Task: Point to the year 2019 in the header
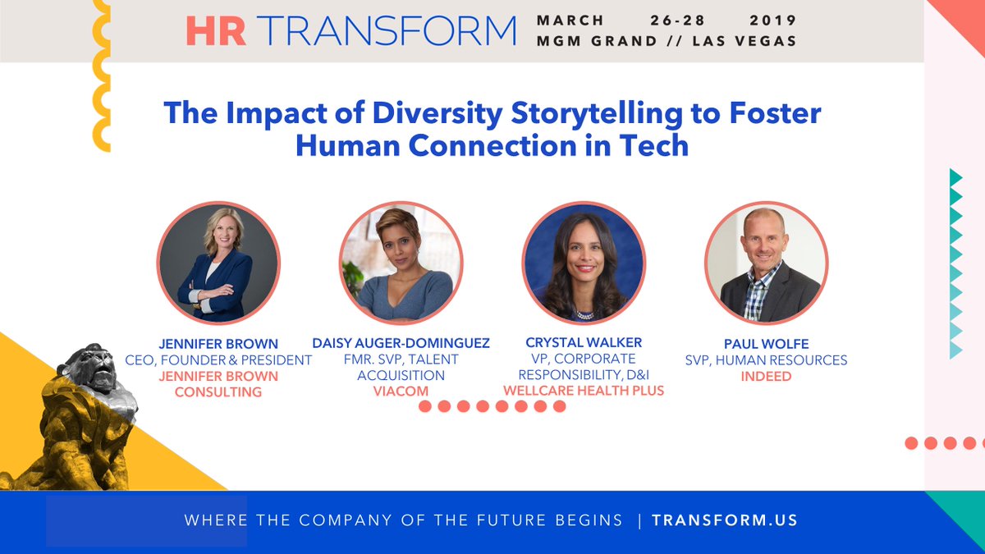(772, 20)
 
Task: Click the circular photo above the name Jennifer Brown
(218, 263)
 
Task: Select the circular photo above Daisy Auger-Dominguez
(401, 263)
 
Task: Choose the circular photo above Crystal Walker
(584, 263)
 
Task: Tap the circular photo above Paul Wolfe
(766, 263)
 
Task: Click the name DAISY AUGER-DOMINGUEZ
(401, 343)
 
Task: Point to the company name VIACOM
(401, 391)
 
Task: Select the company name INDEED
(767, 376)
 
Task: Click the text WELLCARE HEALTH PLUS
(584, 391)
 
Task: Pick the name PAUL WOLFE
(767, 343)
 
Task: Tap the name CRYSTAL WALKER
(584, 342)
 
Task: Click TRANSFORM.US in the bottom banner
(725, 520)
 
